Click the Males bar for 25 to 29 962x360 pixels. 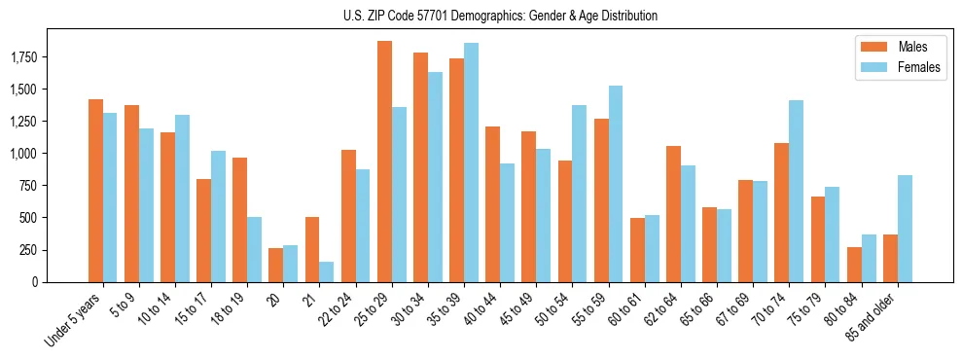pyautogui.click(x=384, y=162)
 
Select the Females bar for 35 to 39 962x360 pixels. pyautogui.click(x=472, y=162)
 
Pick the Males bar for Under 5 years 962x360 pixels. pyautogui.click(x=95, y=191)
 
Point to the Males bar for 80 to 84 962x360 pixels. pyautogui.click(x=854, y=265)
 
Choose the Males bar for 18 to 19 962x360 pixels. pyautogui.click(x=239, y=220)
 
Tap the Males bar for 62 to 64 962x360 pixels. pyautogui.click(x=673, y=214)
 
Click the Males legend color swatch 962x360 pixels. pyautogui.click(x=870, y=47)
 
